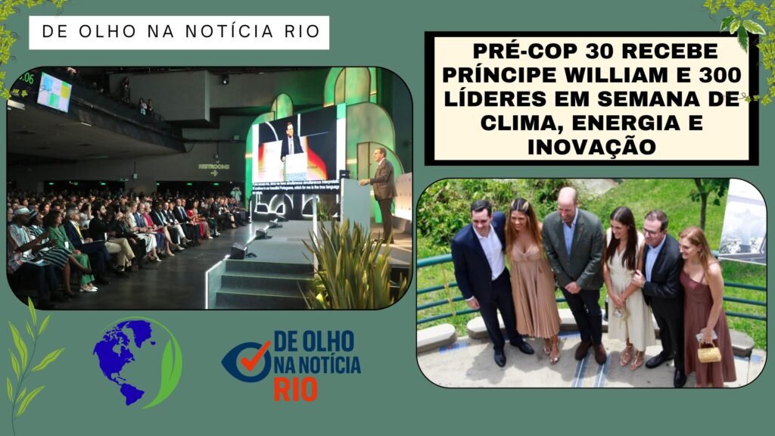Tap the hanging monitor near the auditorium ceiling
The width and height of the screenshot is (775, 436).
[x=54, y=92]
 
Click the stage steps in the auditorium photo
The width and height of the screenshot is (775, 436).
[x=261, y=280]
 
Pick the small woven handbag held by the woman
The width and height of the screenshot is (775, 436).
[x=708, y=352]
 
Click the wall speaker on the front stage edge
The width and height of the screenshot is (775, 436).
[x=239, y=250]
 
